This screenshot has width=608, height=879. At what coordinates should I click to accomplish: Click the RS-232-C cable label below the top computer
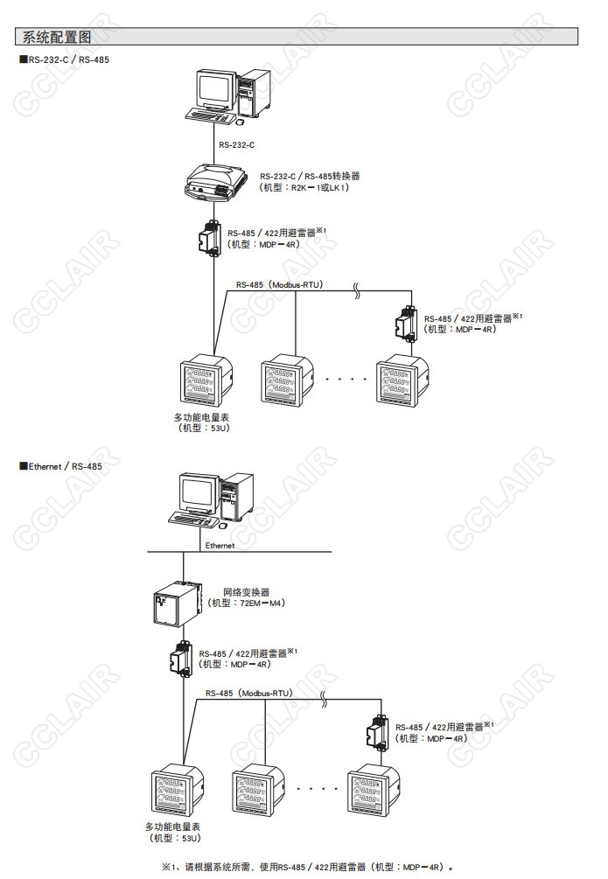point(236,145)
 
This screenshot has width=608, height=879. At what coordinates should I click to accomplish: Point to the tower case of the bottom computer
point(238,499)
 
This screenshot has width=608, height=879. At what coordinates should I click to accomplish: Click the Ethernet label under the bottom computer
point(220,545)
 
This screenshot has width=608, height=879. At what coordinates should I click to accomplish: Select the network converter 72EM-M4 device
point(172,603)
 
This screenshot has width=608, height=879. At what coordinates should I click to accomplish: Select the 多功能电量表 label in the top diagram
point(201,418)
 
